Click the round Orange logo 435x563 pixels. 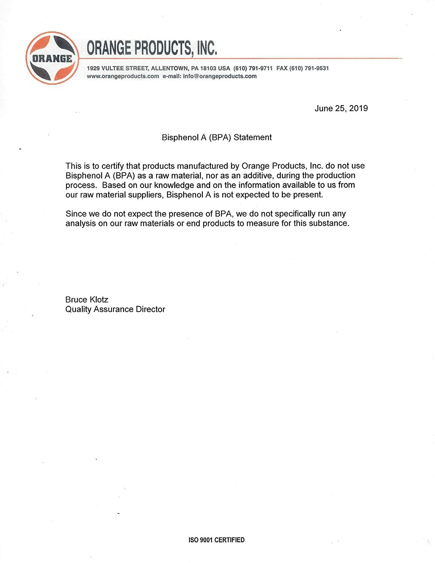[x=52, y=58]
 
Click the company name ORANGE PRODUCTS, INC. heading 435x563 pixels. [x=152, y=48]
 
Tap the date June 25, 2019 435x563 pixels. [x=341, y=108]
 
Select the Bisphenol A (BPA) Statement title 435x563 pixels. [x=217, y=137]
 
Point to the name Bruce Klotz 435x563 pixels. [x=87, y=300]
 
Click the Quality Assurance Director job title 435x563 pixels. [x=115, y=309]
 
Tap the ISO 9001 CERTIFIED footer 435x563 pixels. [x=216, y=540]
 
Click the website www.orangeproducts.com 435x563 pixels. [x=123, y=76]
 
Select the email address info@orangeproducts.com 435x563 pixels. [x=220, y=76]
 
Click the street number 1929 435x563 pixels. [x=93, y=68]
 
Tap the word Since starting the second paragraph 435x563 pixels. [x=76, y=214]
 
